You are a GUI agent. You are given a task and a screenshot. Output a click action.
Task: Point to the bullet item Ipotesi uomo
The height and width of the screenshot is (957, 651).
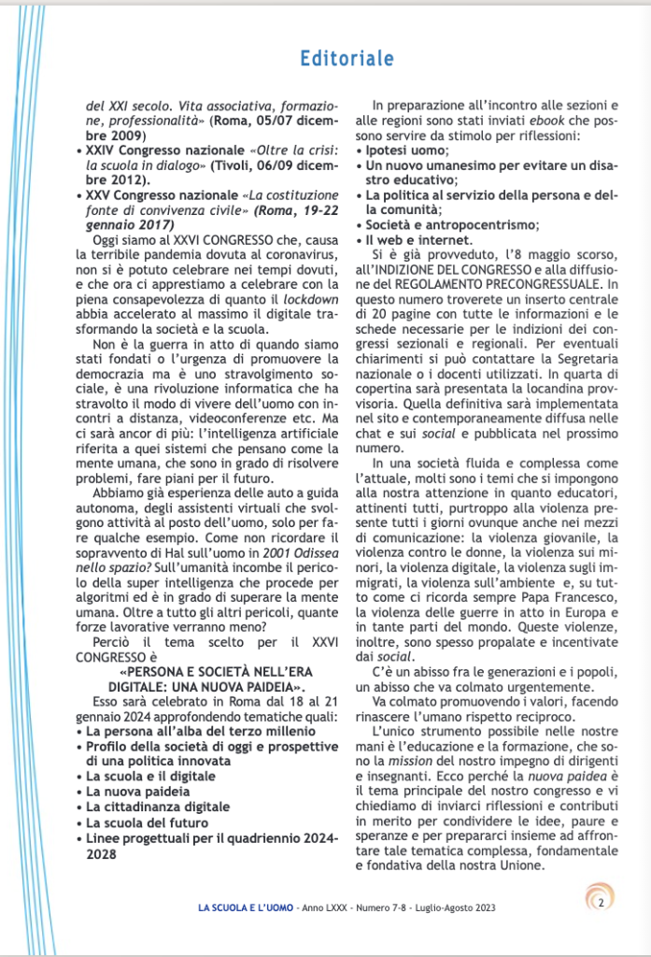point(406,150)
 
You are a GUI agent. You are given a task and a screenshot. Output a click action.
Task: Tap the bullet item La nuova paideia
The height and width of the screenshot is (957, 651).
point(130,791)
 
